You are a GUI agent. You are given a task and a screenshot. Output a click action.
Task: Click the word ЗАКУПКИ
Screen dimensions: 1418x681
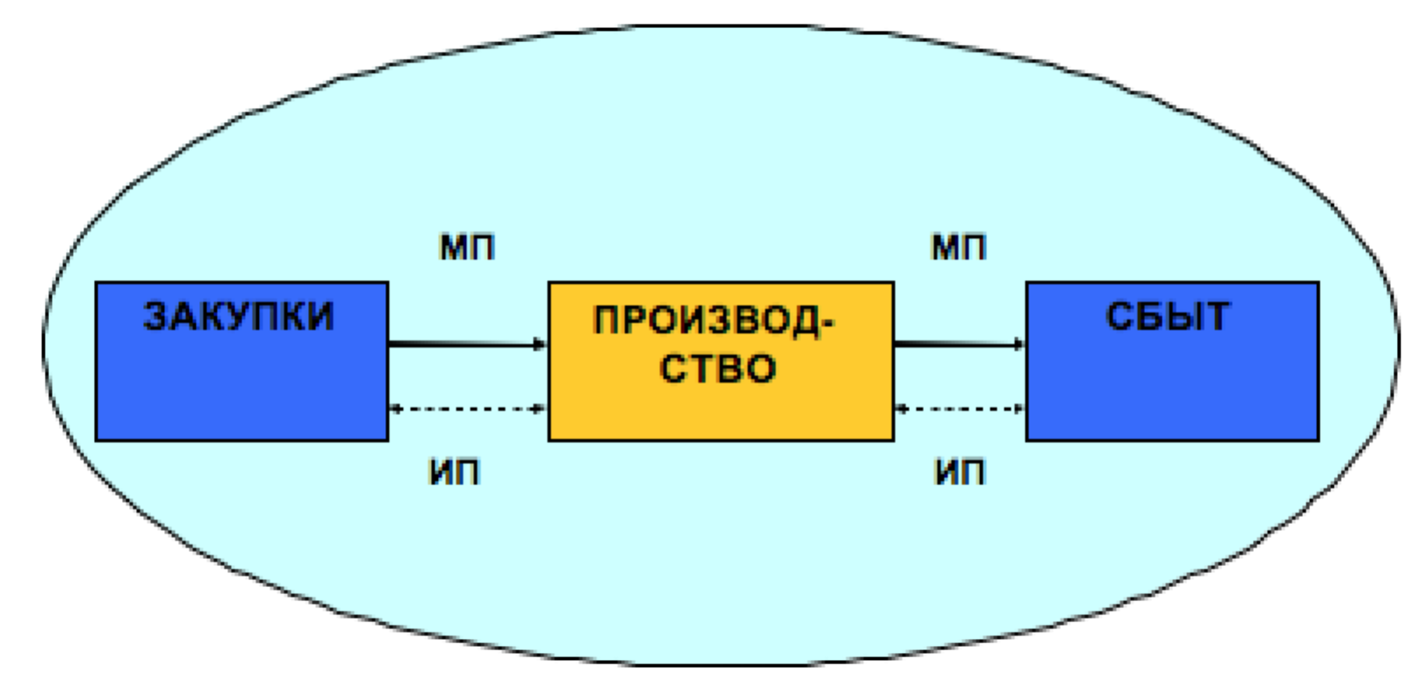tap(238, 316)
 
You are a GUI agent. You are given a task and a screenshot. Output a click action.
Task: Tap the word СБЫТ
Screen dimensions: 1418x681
tap(1167, 316)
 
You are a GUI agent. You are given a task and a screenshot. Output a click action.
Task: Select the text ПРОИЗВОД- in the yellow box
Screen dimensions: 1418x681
tap(714, 320)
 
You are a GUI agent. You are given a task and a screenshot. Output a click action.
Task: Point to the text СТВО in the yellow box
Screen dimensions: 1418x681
tap(717, 368)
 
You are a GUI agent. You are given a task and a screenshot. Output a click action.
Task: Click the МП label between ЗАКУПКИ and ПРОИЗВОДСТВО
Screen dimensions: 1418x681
tap(467, 247)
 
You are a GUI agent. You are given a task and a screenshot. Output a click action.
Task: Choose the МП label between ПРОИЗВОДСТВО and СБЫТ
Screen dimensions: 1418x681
tap(958, 247)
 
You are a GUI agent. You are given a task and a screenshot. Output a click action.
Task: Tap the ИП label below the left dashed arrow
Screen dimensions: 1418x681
tap(455, 472)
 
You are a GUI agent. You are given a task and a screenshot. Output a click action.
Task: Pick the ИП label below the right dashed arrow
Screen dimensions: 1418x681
tap(960, 472)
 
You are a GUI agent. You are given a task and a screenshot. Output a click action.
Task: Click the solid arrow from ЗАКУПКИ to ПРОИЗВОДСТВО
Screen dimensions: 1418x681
tap(468, 344)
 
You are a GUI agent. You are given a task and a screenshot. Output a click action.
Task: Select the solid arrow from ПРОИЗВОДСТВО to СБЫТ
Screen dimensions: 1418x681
tap(960, 344)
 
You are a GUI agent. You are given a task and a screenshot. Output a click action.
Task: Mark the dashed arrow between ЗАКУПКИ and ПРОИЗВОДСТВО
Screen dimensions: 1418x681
tap(468, 409)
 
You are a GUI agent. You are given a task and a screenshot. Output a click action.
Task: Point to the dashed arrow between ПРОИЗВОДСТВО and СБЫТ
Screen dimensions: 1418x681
tap(960, 409)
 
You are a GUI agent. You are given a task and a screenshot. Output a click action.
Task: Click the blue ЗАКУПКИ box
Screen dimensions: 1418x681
tap(242, 362)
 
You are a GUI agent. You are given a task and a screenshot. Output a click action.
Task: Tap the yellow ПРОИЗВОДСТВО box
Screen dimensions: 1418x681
tap(721, 362)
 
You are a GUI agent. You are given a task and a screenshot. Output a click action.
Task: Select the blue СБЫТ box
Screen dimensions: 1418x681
tap(1172, 362)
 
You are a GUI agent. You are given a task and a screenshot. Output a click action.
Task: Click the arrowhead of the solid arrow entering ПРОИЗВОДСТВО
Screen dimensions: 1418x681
tap(540, 344)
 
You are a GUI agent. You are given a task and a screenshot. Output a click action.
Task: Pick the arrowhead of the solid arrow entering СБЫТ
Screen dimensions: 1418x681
tap(1019, 344)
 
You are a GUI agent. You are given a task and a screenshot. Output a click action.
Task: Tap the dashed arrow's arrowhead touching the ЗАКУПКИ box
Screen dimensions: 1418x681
tap(395, 409)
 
